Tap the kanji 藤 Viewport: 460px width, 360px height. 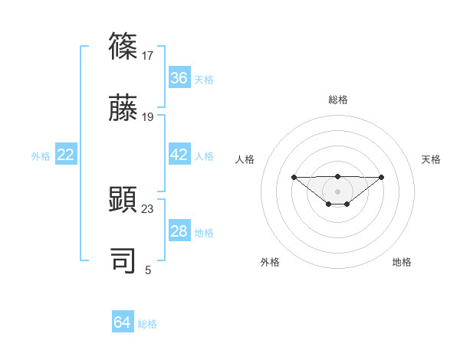(x=123, y=107)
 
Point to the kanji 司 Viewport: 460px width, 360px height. (x=123, y=261)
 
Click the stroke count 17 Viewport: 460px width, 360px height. (x=148, y=56)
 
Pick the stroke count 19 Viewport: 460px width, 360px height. (x=148, y=116)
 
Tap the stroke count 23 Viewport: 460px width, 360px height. (x=148, y=209)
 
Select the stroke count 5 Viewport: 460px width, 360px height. (x=148, y=270)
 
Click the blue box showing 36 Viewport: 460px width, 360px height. (x=179, y=77)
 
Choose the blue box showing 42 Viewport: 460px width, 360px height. (x=179, y=155)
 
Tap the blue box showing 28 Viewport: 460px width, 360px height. (x=179, y=231)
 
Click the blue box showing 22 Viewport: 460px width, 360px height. (x=66, y=155)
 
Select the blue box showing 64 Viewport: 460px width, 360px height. (x=123, y=322)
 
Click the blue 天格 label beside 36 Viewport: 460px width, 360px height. (x=204, y=79)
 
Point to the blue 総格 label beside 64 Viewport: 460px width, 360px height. (x=148, y=324)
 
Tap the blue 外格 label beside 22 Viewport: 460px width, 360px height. (x=41, y=156)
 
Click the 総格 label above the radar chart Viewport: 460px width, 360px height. (x=338, y=100)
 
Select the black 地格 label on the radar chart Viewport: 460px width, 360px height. (x=402, y=262)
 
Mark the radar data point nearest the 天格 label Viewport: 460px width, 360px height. (x=382, y=177)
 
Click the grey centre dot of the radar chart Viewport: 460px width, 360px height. (x=338, y=191)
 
